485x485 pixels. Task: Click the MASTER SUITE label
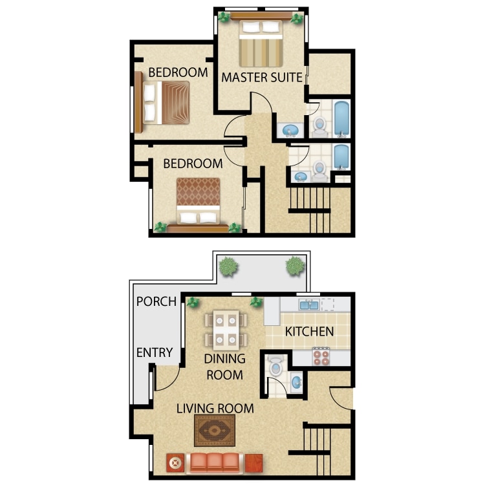coord(262,78)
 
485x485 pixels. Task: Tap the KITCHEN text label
coord(310,332)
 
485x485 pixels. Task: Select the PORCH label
coord(156,302)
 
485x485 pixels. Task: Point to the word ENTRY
coord(155,352)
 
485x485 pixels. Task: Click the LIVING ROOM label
coord(216,408)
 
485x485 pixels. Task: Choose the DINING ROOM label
coord(225,367)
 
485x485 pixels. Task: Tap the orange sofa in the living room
coord(214,462)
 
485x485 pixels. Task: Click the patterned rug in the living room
coord(215,430)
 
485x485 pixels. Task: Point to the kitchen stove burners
coord(321,357)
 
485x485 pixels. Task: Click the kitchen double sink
coord(309,304)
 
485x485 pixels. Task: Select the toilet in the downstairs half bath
coord(275,367)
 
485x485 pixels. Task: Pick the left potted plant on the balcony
coord(227,265)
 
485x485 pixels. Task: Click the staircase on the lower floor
coord(319,449)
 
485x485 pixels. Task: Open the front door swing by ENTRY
coord(166,378)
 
